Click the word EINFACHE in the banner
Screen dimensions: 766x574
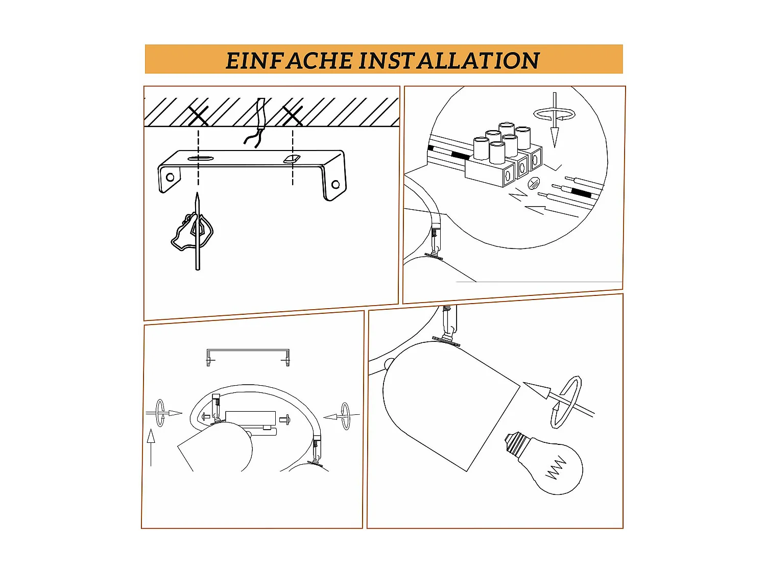(x=290, y=60)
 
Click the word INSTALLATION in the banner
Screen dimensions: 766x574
(x=449, y=60)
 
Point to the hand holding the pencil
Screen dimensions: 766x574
(x=192, y=231)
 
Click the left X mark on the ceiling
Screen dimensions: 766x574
(x=198, y=116)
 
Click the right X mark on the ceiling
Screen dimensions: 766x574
(x=293, y=116)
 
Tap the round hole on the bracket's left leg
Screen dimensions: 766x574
(x=170, y=177)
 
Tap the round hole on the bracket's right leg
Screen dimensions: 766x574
(x=336, y=184)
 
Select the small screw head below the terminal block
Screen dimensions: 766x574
(x=534, y=182)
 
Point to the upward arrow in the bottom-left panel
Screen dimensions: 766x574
(x=151, y=447)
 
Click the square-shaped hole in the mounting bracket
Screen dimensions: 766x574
(x=292, y=159)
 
